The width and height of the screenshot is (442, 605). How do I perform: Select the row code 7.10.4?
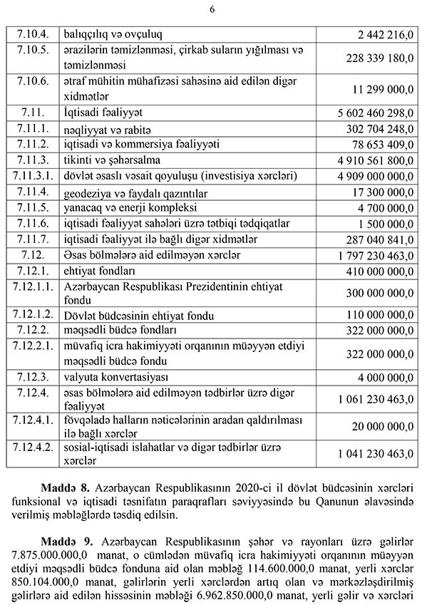point(31,33)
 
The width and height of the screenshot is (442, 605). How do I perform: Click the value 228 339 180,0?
point(379,61)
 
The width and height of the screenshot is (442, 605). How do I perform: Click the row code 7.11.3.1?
point(31,175)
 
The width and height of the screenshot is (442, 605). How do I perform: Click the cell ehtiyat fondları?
point(100,271)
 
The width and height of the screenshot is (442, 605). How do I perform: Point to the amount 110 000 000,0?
point(380,316)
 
